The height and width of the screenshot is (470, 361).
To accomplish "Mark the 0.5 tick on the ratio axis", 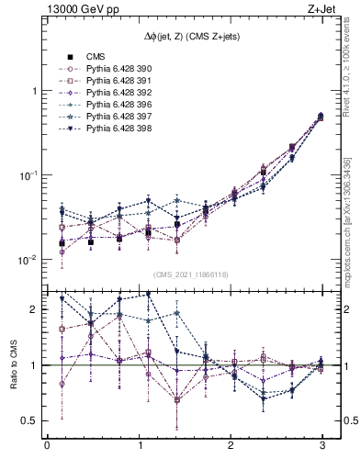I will (28, 420).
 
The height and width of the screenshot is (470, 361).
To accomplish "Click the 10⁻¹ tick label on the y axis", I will (27, 175).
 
